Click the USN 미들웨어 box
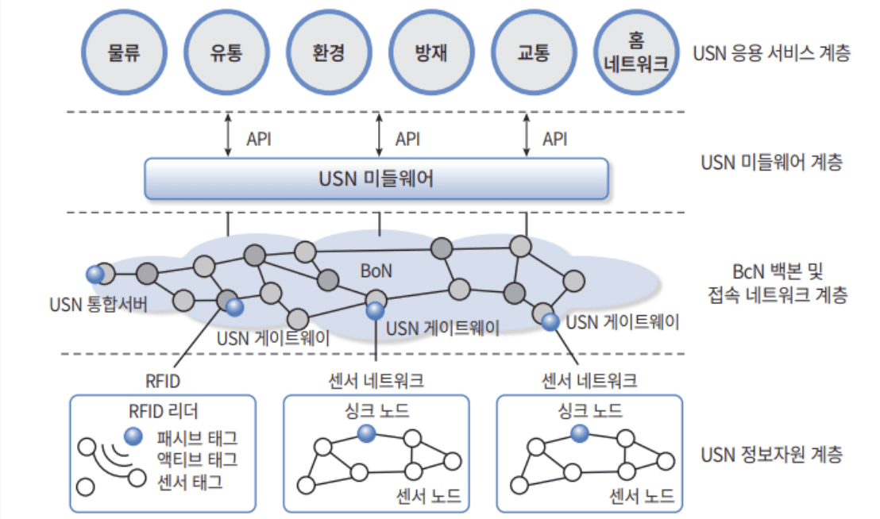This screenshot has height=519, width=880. [x=376, y=178]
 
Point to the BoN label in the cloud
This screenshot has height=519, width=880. [x=376, y=271]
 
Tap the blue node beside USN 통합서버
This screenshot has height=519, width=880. [x=95, y=275]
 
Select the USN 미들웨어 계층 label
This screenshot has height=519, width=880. [x=771, y=163]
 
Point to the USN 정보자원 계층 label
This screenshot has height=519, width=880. [x=771, y=455]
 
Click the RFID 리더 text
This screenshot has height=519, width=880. [x=163, y=411]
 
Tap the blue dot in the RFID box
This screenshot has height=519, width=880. [x=133, y=436]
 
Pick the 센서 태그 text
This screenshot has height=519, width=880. [x=191, y=481]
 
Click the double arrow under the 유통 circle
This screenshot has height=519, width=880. [x=228, y=135]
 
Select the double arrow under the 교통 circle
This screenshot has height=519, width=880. [x=526, y=135]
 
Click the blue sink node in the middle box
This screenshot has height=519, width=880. [x=365, y=433]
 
